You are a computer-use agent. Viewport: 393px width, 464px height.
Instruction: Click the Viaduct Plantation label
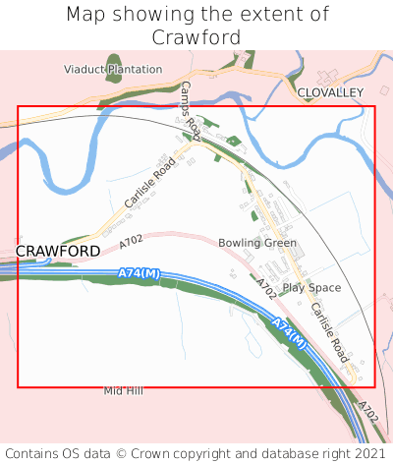click(x=113, y=70)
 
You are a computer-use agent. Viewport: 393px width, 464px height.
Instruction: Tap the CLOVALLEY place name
click(x=330, y=91)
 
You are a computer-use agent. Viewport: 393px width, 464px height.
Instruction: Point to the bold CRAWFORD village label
click(x=58, y=251)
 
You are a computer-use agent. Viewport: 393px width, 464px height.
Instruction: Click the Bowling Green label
click(x=257, y=243)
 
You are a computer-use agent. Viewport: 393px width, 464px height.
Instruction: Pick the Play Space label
click(x=311, y=288)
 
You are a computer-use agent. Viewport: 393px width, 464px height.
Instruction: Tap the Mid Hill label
click(x=124, y=391)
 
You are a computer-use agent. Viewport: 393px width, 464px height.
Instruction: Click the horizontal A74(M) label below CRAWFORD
click(x=139, y=272)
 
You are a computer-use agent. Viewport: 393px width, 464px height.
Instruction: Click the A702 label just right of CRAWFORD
click(x=131, y=241)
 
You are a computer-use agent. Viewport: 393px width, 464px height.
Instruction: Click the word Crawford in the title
click(x=196, y=37)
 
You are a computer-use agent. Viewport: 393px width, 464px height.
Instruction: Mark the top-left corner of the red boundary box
click(x=18, y=106)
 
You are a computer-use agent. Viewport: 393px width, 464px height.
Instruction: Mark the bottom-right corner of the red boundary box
click(x=374, y=386)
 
